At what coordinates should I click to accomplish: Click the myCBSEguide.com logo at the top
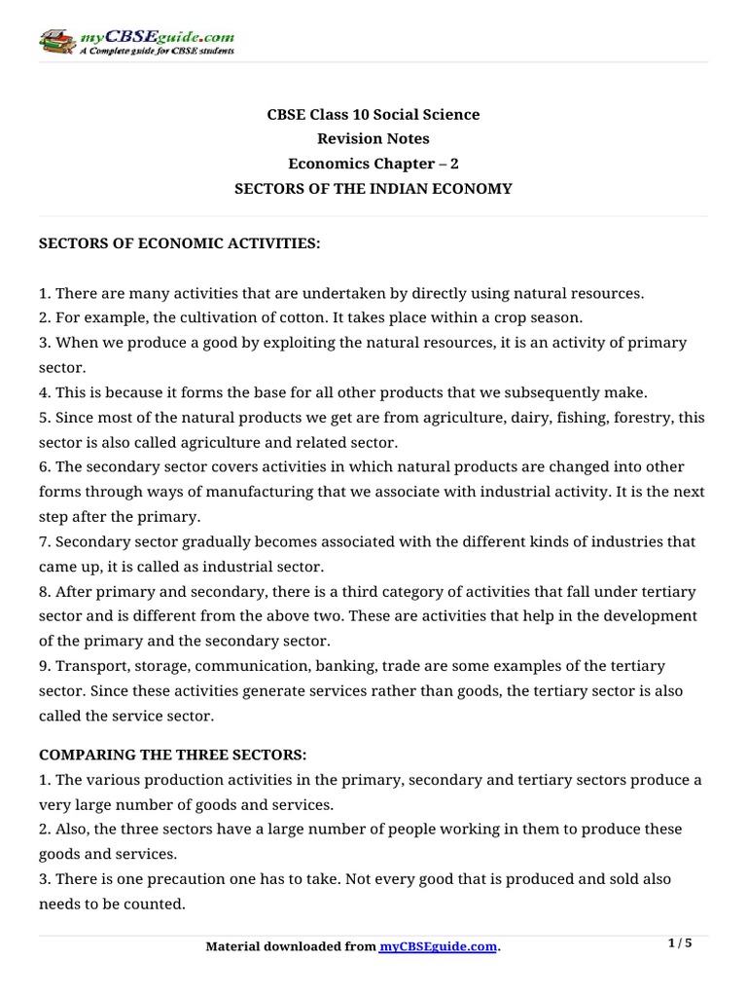point(136,41)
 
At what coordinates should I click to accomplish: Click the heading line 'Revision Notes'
point(373,138)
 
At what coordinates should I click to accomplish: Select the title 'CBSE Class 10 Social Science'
point(373,114)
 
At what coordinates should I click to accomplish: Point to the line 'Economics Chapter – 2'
point(373,164)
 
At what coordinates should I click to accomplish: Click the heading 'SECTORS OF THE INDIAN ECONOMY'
point(373,188)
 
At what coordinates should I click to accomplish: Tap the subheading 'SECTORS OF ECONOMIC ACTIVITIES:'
point(179,242)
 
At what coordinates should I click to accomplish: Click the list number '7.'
point(45,540)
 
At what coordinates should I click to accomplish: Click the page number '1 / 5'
point(680,942)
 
